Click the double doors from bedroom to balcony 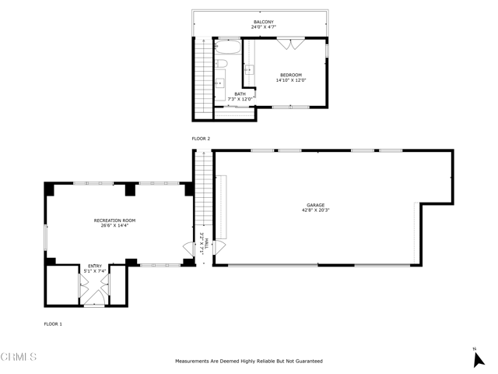point(289,44)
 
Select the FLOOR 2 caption point(201,139)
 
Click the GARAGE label point(314,205)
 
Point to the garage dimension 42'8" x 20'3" point(314,210)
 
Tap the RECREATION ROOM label point(114,221)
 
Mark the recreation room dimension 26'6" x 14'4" point(114,226)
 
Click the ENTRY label point(94,266)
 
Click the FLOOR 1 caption point(53,323)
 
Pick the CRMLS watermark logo point(19,357)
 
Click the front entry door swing point(94,295)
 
